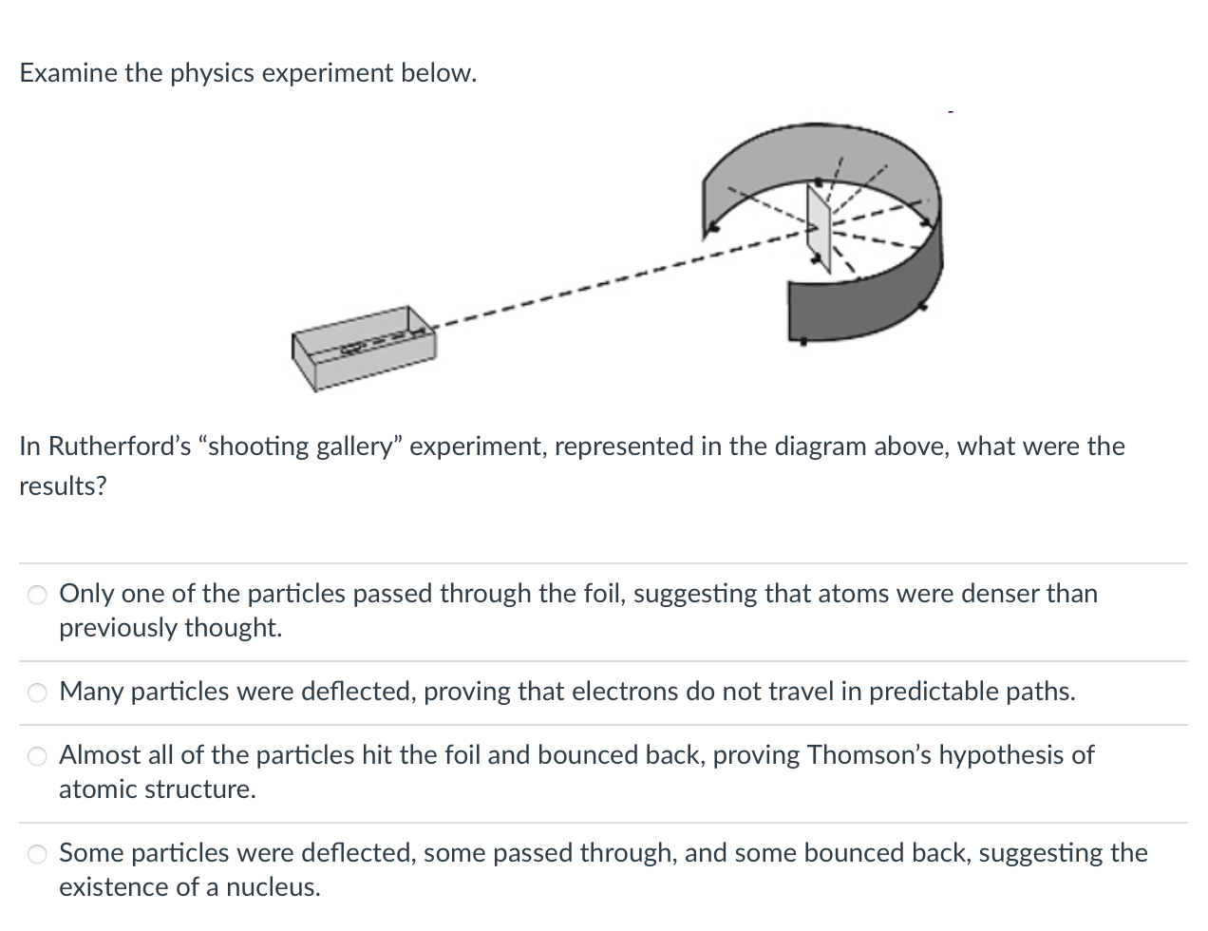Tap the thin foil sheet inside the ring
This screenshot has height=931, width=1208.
[x=819, y=225]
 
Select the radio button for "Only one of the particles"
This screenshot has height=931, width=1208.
[x=37, y=596]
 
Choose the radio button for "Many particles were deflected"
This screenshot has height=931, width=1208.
[x=37, y=693]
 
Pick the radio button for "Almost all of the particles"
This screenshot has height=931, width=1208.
[x=37, y=757]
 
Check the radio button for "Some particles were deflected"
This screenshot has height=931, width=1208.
[x=37, y=855]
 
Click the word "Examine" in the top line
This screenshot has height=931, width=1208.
[x=68, y=73]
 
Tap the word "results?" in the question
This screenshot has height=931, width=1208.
[x=63, y=486]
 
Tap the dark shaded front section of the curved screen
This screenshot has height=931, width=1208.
[x=855, y=304]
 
